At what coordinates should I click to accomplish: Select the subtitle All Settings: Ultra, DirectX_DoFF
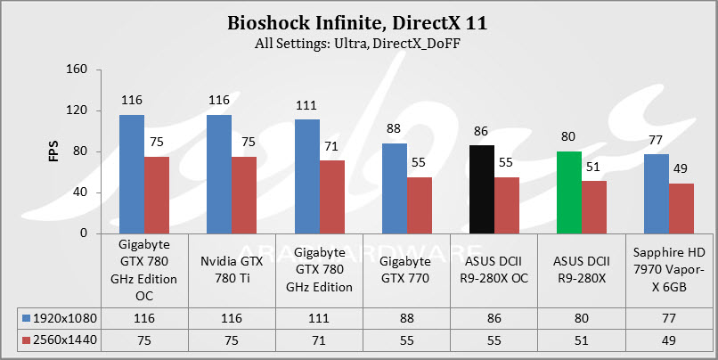[x=358, y=44]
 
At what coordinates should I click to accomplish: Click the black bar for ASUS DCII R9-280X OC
[x=481, y=189]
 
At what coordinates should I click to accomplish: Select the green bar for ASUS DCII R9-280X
[x=568, y=192]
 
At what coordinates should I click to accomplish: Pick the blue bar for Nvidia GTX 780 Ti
[x=219, y=174]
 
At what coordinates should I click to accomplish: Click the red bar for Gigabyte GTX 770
[x=419, y=205]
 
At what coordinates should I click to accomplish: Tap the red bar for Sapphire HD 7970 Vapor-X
[x=681, y=209]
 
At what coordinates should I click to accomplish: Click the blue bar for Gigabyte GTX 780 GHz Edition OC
[x=132, y=174]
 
